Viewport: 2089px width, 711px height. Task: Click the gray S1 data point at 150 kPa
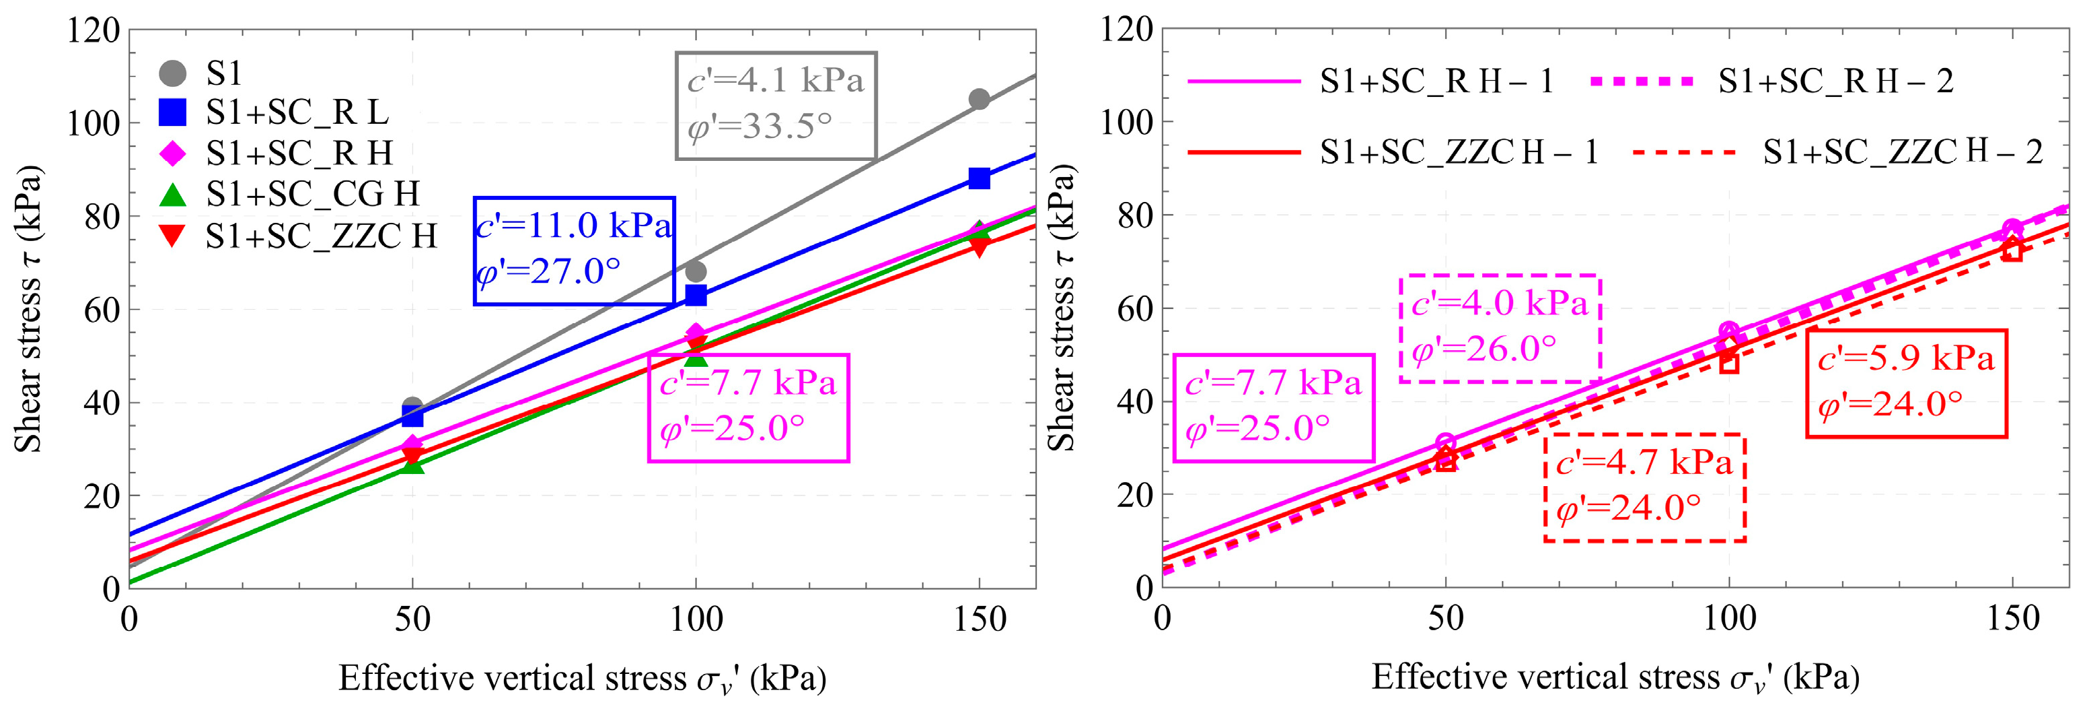(979, 99)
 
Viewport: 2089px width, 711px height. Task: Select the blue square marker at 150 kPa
(979, 178)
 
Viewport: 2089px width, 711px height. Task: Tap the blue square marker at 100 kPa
(696, 296)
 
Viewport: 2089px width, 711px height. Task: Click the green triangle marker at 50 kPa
(412, 465)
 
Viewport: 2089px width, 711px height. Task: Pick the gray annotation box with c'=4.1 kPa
(776, 106)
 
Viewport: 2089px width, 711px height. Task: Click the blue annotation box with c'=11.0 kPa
(574, 250)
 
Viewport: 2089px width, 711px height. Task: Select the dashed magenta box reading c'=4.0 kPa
(1500, 328)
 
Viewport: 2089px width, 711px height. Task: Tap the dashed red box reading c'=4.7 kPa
(1644, 487)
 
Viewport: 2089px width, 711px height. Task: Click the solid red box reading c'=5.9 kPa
(1906, 383)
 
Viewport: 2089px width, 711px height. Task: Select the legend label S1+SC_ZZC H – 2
(1902, 151)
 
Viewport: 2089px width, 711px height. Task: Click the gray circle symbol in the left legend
(172, 73)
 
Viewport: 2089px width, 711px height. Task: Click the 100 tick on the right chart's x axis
(1729, 620)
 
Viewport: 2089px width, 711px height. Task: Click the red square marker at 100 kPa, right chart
(1729, 364)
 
